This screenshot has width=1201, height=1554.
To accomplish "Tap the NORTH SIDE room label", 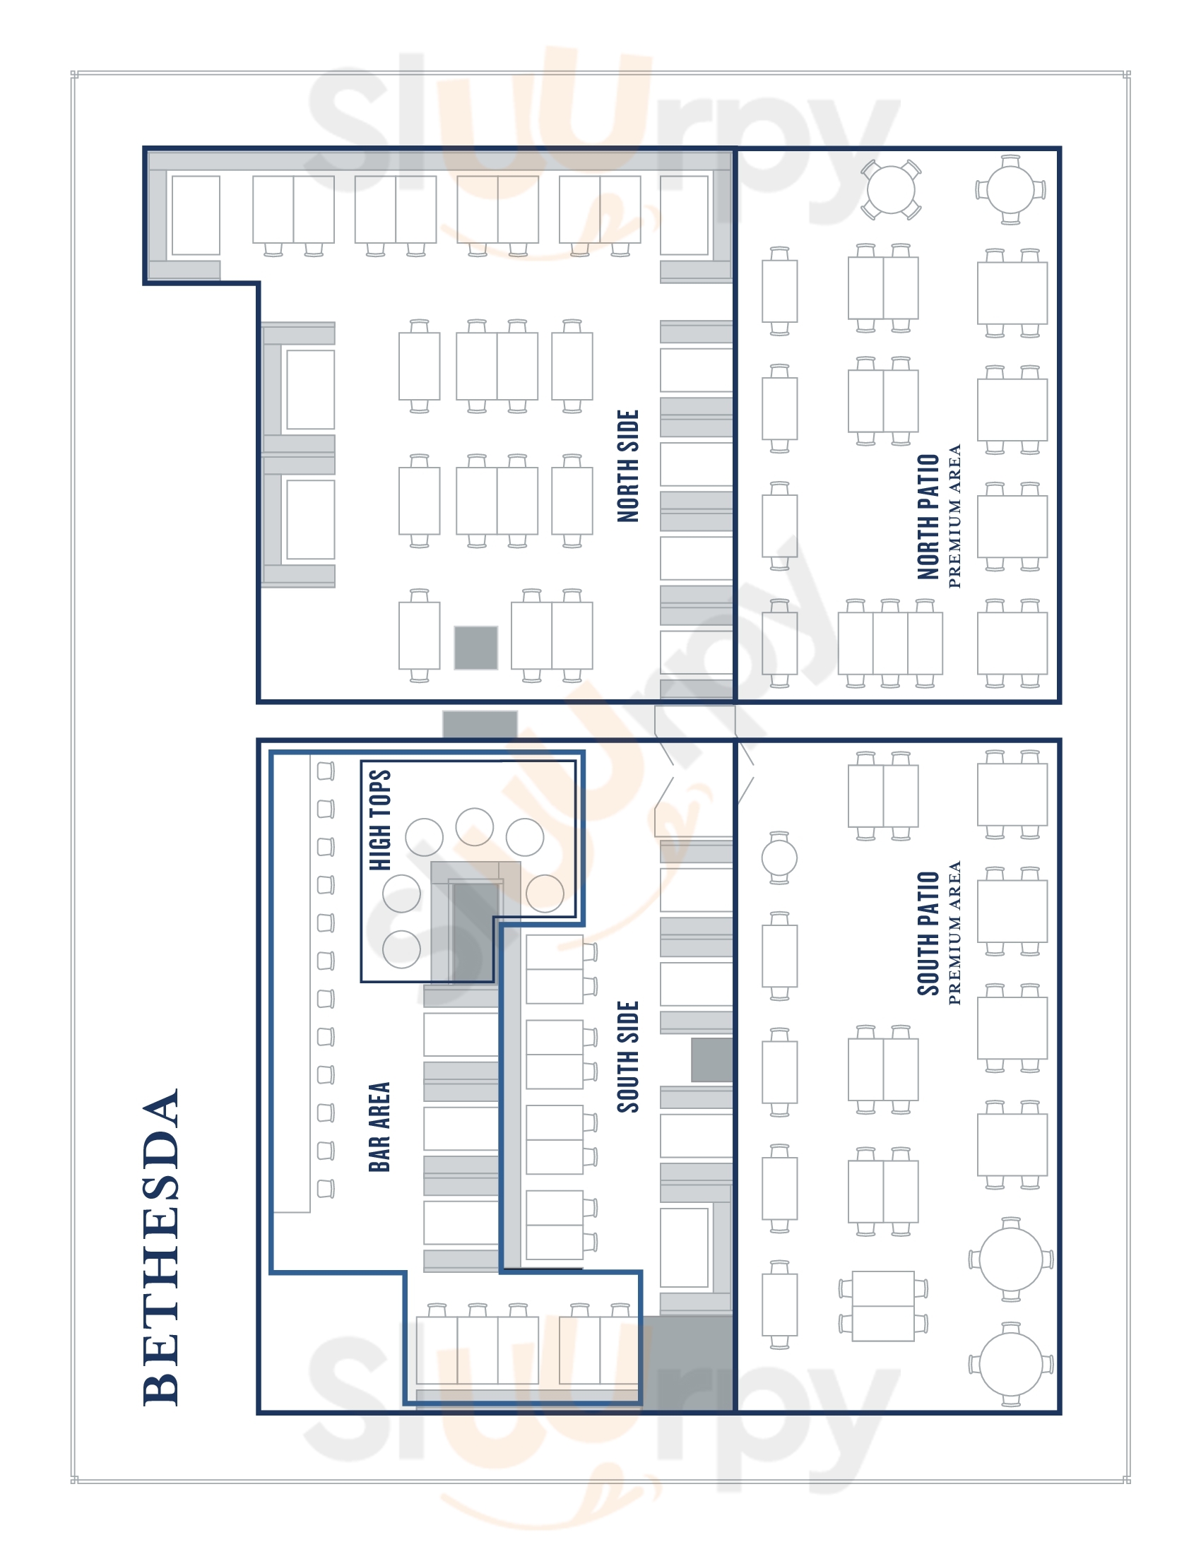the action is (x=628, y=466).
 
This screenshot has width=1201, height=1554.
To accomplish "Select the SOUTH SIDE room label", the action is (x=628, y=1057).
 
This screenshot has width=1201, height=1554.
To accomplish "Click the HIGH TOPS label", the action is (x=379, y=819).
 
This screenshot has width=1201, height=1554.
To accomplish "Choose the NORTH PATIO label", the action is (x=928, y=516).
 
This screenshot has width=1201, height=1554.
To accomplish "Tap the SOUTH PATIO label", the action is (x=928, y=934).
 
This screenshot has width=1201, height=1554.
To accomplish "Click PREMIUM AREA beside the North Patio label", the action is (x=955, y=516).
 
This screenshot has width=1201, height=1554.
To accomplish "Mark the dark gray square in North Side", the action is (x=476, y=648).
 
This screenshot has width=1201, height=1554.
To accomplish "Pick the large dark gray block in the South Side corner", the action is (x=687, y=1362).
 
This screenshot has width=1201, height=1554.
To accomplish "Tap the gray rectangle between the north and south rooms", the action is (x=480, y=724).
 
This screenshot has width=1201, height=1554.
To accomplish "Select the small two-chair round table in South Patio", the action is (x=779, y=858).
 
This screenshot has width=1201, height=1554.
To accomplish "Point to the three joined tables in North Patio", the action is (x=890, y=643).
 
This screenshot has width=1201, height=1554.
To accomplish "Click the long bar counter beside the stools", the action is (x=292, y=983).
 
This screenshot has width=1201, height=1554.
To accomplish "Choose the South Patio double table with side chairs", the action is (x=883, y=1305).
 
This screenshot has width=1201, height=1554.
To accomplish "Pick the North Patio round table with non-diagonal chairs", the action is (x=1010, y=190).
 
